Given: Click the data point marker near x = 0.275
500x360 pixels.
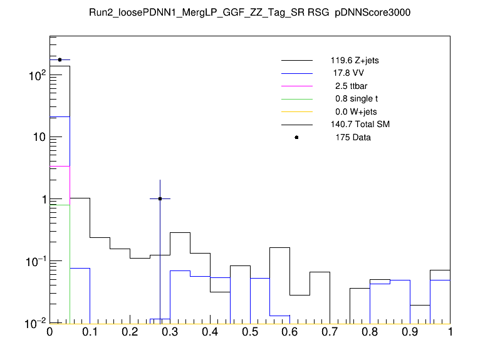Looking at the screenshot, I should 160,198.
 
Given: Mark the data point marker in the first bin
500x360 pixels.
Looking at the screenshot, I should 60,60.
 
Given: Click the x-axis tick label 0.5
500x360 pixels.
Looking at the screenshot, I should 250,332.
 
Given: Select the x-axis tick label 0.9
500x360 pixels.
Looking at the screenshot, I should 410,332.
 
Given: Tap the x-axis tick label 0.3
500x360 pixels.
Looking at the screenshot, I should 170,332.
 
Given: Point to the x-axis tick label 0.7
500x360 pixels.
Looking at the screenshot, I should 330,332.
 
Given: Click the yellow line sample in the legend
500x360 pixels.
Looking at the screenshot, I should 296,112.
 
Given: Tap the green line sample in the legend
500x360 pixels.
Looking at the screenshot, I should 296,99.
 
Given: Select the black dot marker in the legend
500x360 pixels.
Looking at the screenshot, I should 296,137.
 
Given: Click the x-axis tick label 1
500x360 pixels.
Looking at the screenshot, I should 450,332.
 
